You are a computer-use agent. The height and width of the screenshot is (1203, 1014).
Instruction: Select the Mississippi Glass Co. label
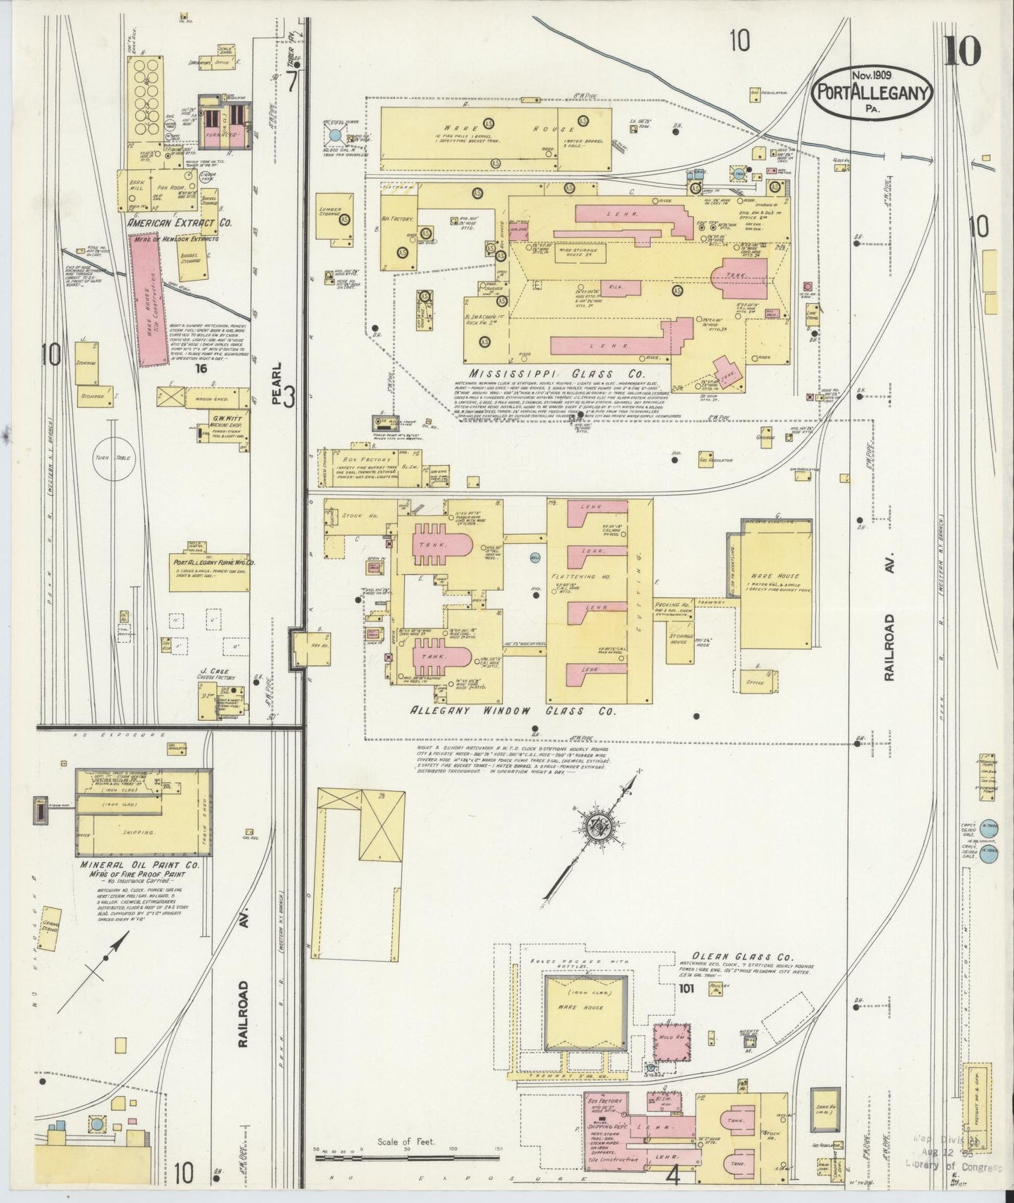(558, 374)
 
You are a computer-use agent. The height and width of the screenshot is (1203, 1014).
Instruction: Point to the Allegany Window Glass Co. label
(512, 711)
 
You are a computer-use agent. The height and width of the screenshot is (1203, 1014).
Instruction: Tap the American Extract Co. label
(180, 222)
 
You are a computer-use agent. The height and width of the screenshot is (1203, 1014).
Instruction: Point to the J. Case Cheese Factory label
(216, 674)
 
